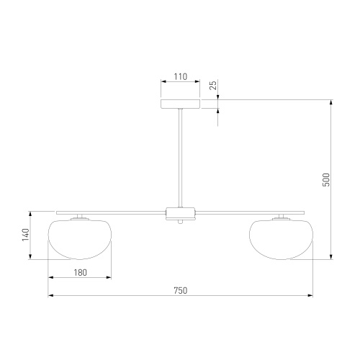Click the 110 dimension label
coord(180,77)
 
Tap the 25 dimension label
coord(213,85)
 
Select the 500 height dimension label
coord(326,179)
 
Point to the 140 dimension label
coord(25,235)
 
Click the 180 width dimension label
coord(80,273)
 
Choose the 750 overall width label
coord(180,291)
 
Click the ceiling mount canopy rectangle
coord(180,104)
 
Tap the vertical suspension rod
coord(180,158)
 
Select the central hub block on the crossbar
coord(180,213)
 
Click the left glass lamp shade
coord(80,239)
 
